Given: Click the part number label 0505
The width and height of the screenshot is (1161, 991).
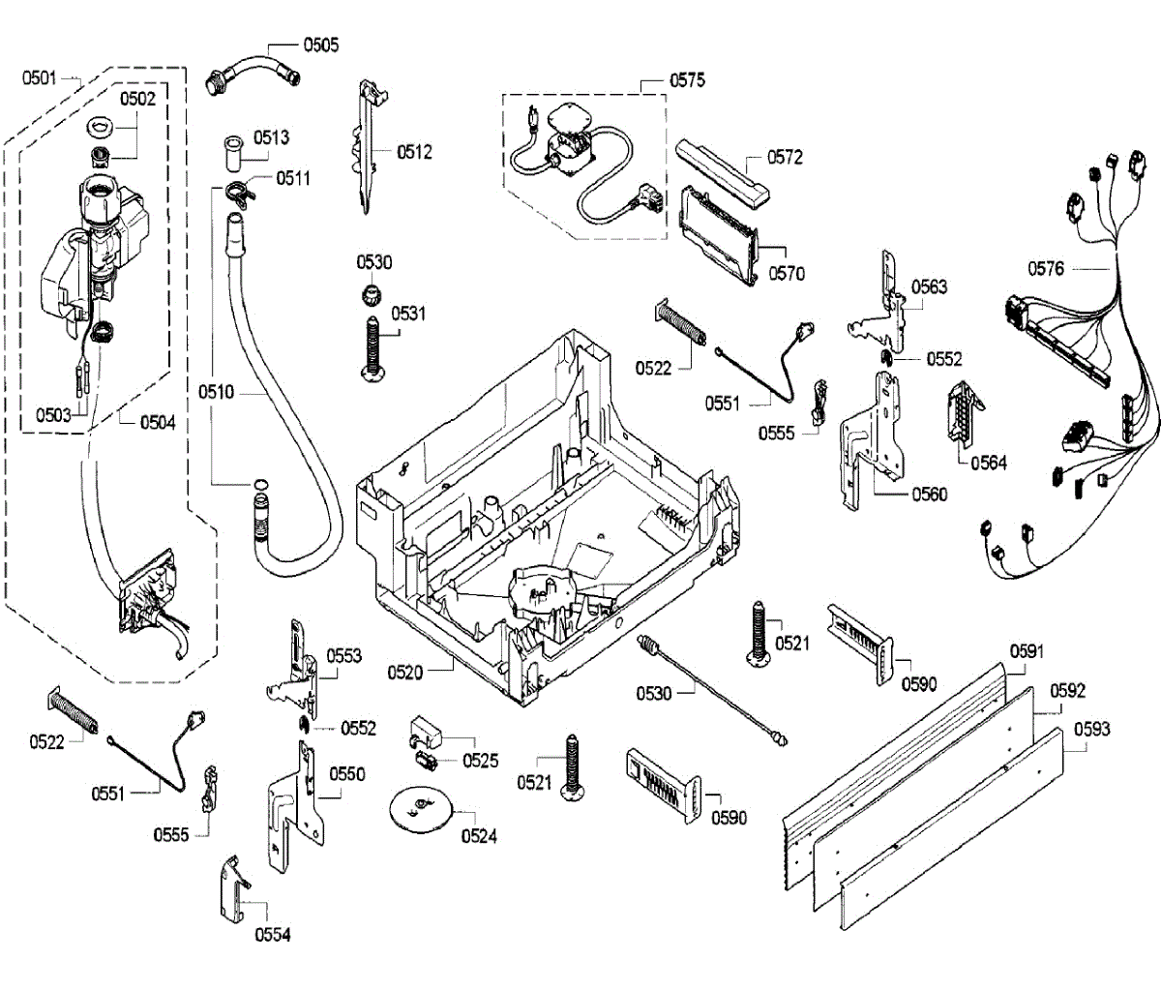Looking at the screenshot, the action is point(321,45).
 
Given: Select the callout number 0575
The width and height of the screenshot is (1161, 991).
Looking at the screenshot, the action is point(687,80).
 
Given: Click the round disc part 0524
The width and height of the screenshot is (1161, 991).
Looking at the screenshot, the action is point(420,811).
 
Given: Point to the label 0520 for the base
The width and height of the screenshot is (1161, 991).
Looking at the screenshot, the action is point(405,673).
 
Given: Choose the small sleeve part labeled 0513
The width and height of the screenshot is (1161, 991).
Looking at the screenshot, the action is point(231,152).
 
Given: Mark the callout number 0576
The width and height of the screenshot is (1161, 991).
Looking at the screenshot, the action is point(1046,268).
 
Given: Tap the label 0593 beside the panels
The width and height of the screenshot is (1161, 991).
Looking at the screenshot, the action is point(1092,729).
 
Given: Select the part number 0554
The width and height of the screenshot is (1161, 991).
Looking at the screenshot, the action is point(273,935).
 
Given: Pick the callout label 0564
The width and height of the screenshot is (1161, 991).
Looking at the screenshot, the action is point(989,463).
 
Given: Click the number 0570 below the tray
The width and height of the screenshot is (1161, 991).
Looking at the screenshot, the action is point(787,274).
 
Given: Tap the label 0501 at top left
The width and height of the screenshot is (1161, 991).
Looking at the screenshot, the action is point(40,78).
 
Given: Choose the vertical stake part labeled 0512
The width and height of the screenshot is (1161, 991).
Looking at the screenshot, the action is point(368,147).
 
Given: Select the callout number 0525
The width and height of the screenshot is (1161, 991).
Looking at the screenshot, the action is point(480,761).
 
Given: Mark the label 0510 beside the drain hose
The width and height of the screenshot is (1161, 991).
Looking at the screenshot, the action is point(217,392).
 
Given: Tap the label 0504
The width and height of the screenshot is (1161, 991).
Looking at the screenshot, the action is point(158,423).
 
